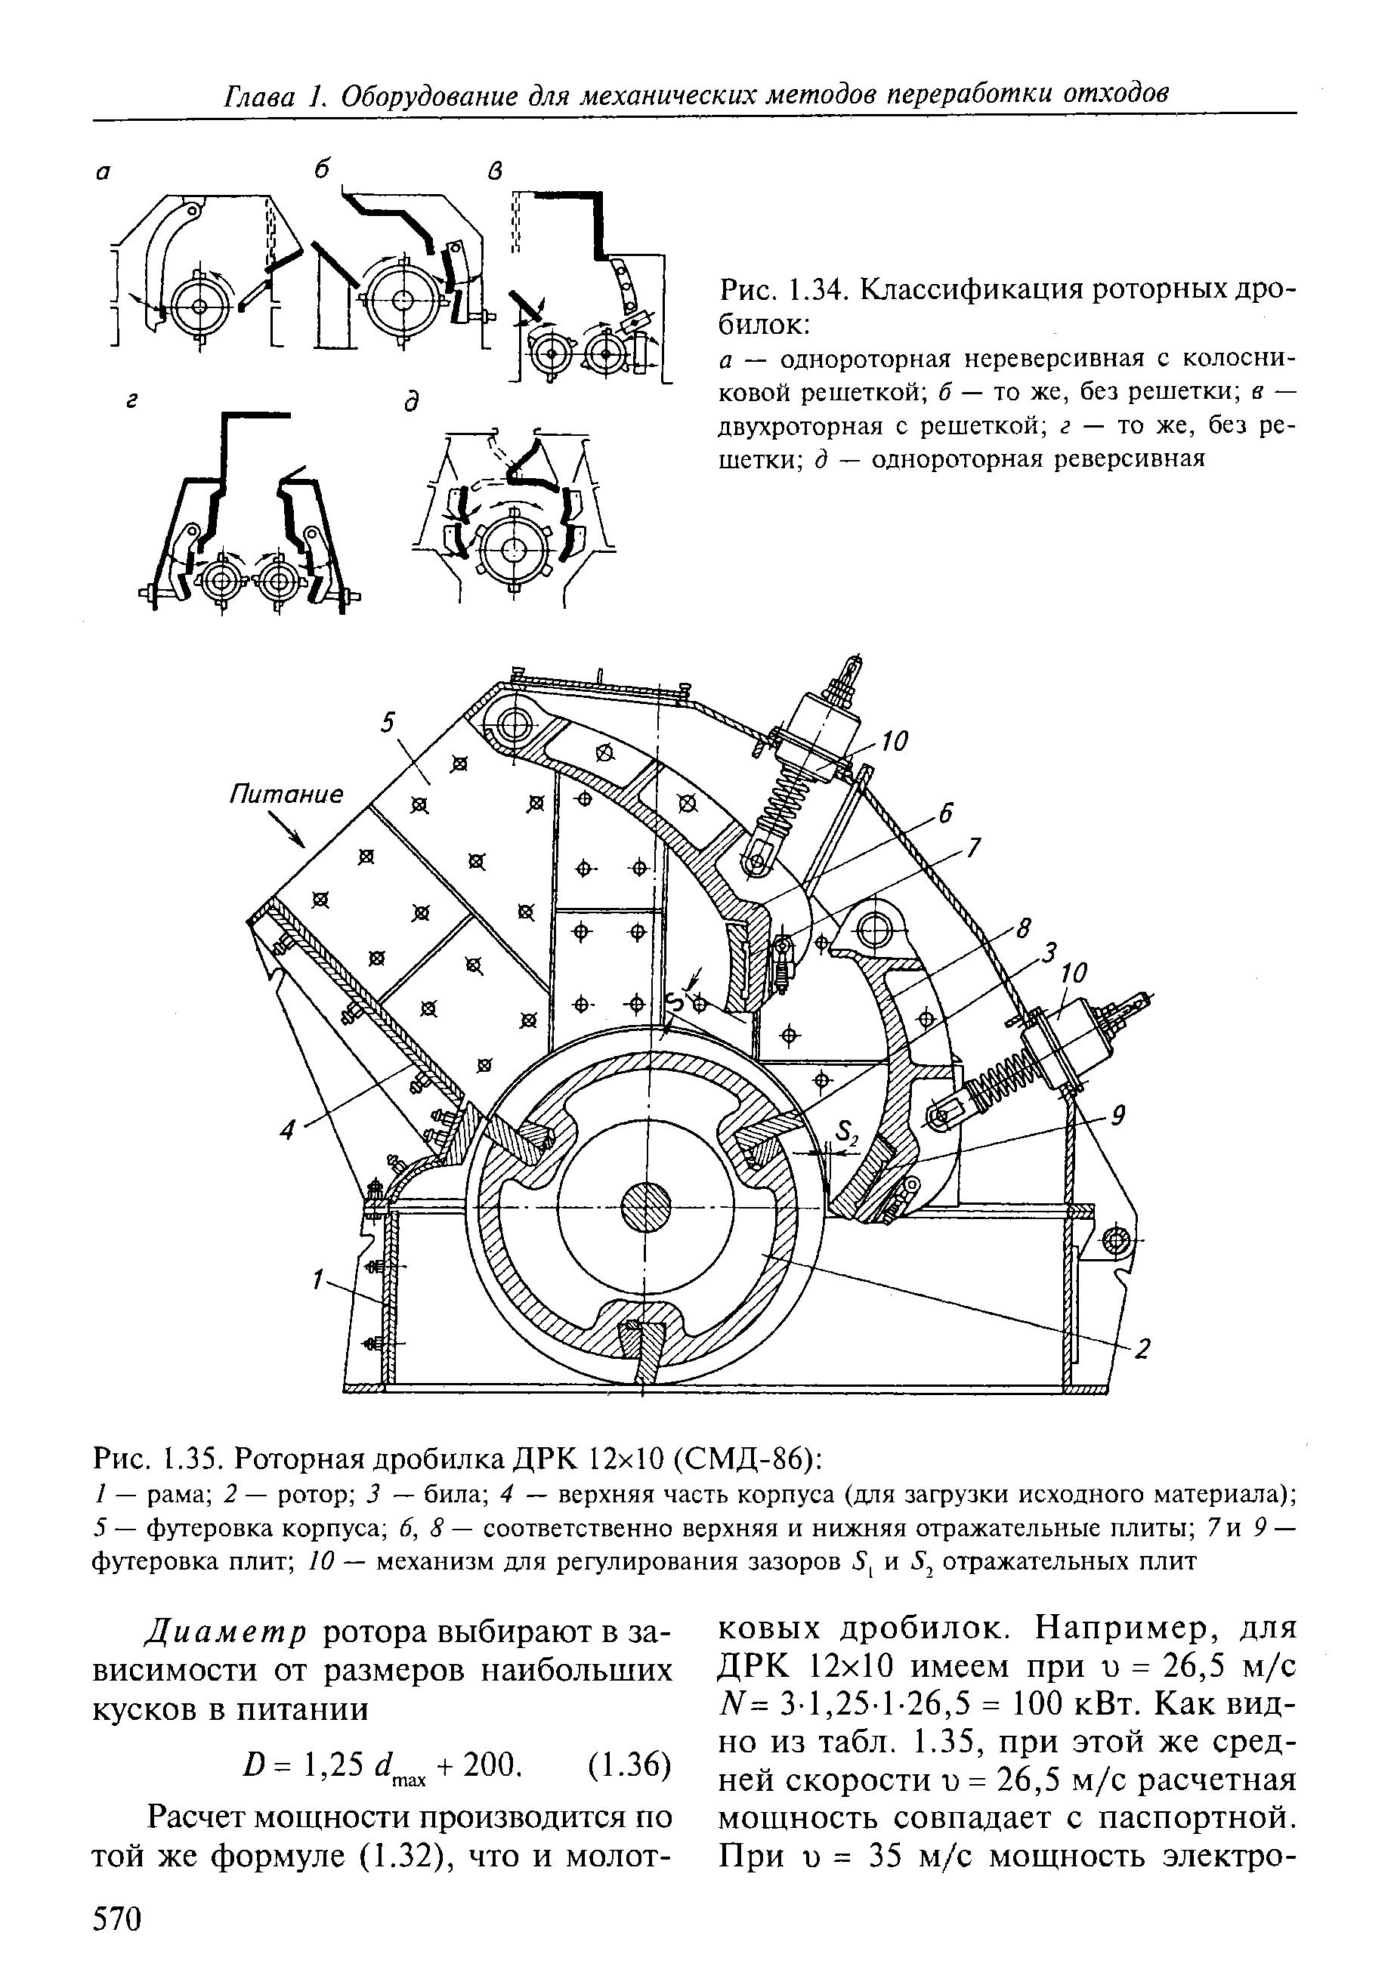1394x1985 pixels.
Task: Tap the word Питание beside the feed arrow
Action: [x=286, y=794]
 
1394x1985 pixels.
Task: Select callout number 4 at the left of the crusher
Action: [x=289, y=1128]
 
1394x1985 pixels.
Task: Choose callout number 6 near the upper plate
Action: [x=945, y=813]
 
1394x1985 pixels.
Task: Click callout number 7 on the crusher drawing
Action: [x=973, y=848]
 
